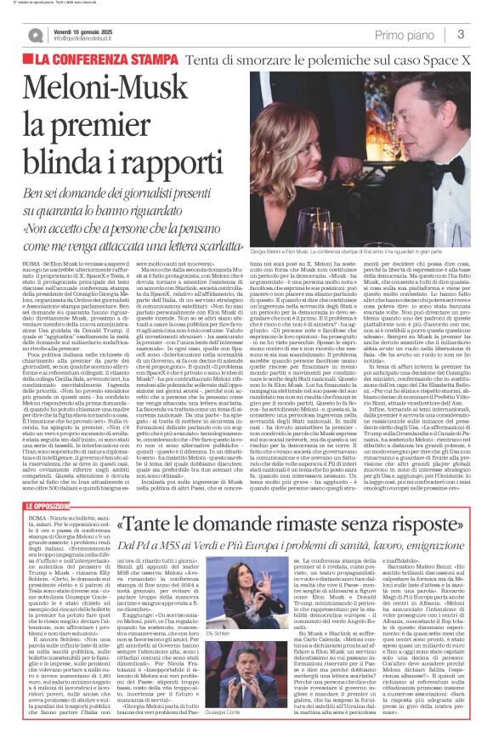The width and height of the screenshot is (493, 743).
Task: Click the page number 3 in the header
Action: click(x=460, y=34)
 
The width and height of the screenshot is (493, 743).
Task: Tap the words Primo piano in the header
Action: click(x=405, y=35)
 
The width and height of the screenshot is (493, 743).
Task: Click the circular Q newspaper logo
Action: click(x=36, y=35)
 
